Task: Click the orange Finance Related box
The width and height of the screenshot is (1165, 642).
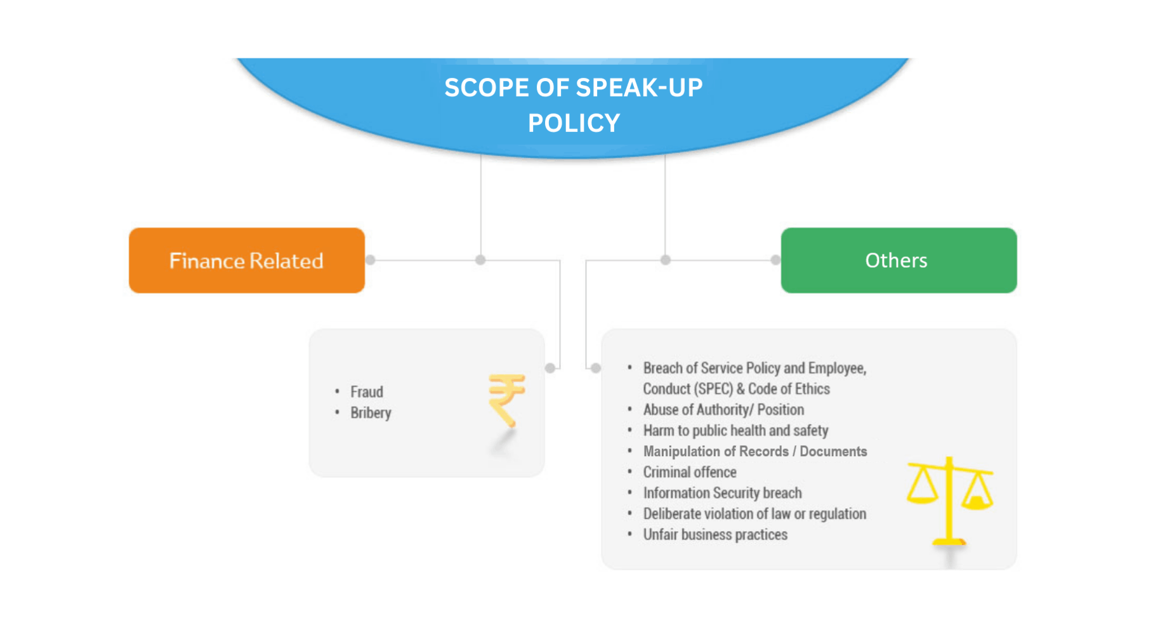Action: pos(247,260)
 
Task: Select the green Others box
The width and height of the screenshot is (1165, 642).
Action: pos(898,260)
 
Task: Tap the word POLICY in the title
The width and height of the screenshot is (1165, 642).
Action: pos(574,123)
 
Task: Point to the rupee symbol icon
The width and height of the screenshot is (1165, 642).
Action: pos(506,399)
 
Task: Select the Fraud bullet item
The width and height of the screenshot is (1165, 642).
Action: pos(367,392)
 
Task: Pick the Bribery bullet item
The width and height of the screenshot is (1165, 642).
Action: pos(371,413)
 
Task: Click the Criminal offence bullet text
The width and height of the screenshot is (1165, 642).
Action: pos(689,472)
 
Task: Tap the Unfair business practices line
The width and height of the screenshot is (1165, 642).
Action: pos(715,535)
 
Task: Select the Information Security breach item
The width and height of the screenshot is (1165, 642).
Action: pos(722,493)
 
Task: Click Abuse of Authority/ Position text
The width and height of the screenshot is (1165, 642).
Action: pos(723,410)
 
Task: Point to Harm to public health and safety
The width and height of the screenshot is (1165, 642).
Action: pos(735,431)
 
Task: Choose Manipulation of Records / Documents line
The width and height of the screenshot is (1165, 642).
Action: pos(754,452)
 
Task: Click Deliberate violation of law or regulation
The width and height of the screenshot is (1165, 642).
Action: pos(754,514)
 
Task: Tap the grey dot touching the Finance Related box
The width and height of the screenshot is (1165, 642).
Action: pos(371,259)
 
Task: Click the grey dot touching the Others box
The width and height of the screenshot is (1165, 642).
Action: pos(775,259)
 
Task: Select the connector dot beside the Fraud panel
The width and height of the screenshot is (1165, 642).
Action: pos(550,368)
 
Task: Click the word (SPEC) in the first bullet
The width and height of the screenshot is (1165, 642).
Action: pos(713,389)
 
